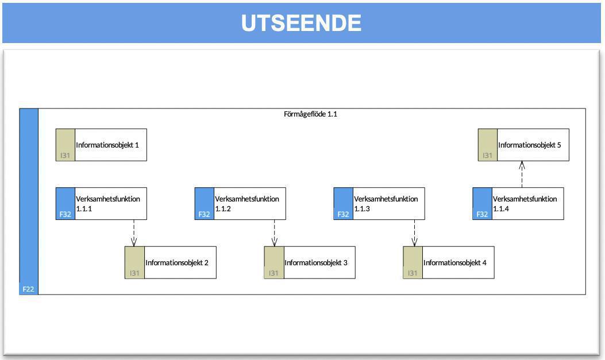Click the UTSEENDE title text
[x=302, y=23]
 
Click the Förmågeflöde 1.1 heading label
[x=310, y=114]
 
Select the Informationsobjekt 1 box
[x=101, y=145]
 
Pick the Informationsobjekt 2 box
[x=171, y=262]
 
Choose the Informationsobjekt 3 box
[x=310, y=262]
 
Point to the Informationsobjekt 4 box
[x=449, y=262]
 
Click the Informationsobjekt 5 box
[x=523, y=145]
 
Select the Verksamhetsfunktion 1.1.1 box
[x=101, y=203]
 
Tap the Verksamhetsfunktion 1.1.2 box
[x=240, y=203]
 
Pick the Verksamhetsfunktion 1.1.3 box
[x=379, y=203]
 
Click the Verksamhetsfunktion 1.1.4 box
[x=518, y=203]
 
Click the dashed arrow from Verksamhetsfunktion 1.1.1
[x=134, y=233]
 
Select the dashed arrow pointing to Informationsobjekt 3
[x=274, y=233]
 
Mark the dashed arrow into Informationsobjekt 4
[x=414, y=233]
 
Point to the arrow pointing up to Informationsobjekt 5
[x=522, y=174]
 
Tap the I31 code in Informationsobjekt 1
[x=65, y=156]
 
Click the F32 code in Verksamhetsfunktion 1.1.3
[x=343, y=214]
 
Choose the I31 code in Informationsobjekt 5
[x=487, y=156]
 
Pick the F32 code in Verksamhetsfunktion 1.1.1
[x=65, y=214]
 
